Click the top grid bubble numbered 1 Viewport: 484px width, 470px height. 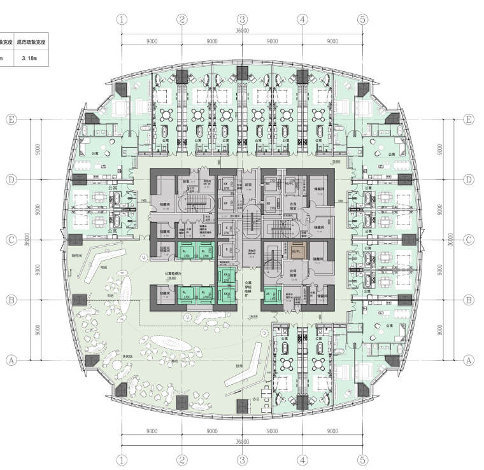point(122,20)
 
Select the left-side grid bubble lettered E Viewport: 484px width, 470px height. point(11,120)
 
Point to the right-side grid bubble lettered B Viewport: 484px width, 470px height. point(469,300)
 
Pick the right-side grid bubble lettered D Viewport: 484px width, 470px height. point(469,180)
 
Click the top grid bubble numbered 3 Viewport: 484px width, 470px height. point(243,20)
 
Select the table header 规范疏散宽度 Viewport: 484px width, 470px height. point(31,43)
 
